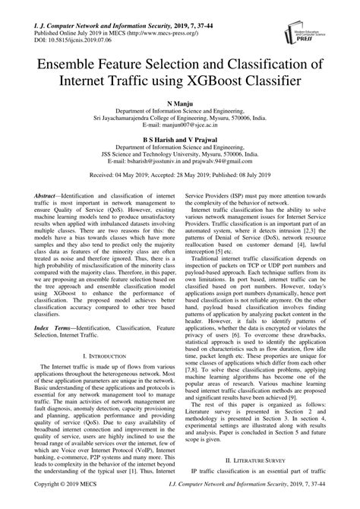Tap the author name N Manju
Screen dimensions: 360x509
pyautogui.click(x=180, y=101)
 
